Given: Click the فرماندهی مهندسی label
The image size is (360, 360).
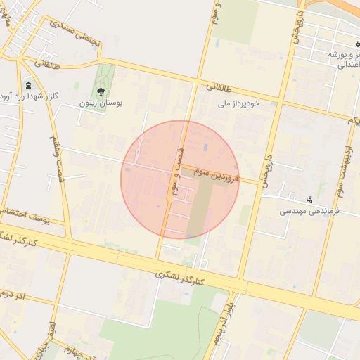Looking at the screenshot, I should pyautogui.click(x=310, y=211).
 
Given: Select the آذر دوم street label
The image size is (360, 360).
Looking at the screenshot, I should pyautogui.click(x=13, y=295).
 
